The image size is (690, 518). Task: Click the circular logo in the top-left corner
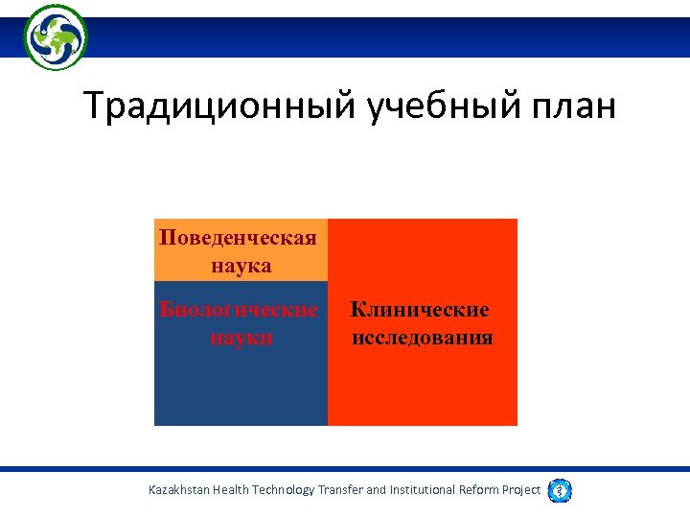pyautogui.click(x=56, y=36)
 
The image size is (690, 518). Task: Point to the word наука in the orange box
pyautogui.click(x=241, y=265)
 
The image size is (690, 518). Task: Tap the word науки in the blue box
pyautogui.click(x=241, y=338)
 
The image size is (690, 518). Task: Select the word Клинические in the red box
pyautogui.click(x=420, y=310)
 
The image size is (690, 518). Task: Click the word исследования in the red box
pyautogui.click(x=423, y=338)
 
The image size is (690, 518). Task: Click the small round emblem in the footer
pyautogui.click(x=560, y=490)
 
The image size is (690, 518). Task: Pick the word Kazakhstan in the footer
pyautogui.click(x=179, y=490)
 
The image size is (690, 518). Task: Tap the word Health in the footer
pyautogui.click(x=230, y=490)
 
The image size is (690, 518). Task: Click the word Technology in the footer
pyautogui.click(x=283, y=490)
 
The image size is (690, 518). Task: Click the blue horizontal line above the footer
pyautogui.click(x=345, y=469)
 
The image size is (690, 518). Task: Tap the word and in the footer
pyautogui.click(x=377, y=490)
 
